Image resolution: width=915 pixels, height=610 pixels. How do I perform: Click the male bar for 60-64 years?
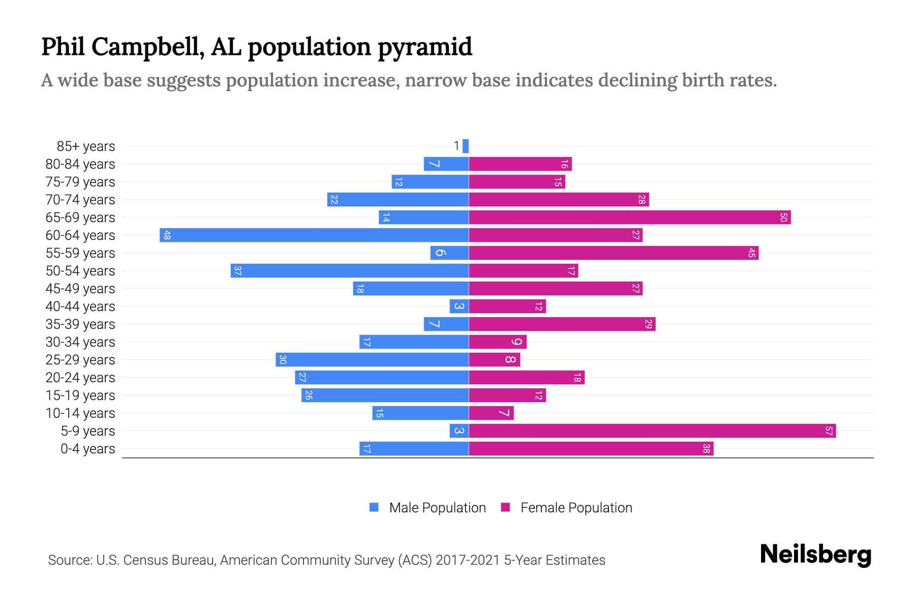coord(314,235)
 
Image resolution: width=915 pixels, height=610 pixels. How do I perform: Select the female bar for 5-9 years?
coord(652,431)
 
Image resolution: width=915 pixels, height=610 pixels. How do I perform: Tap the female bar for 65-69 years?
coord(629,218)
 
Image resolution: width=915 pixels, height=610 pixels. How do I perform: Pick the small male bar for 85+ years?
coord(466,146)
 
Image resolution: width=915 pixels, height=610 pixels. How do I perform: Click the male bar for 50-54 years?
coord(350,270)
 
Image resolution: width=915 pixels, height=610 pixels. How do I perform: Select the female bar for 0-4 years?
coord(591,448)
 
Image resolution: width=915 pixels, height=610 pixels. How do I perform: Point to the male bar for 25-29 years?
coord(372,359)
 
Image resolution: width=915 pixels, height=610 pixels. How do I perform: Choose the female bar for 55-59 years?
coord(614,253)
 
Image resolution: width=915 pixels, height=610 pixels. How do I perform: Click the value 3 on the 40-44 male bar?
coord(459,306)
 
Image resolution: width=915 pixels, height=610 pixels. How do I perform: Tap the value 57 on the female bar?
coord(829,431)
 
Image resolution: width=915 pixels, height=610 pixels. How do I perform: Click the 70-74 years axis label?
coord(80,200)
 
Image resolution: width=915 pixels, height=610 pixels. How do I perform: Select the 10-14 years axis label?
coord(80,413)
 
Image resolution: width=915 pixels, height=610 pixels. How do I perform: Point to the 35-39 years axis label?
coord(80,324)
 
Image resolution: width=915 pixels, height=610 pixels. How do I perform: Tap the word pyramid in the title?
coord(425,47)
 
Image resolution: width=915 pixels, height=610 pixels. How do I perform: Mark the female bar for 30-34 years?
coord(498,342)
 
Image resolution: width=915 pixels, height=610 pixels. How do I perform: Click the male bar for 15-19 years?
coord(385,395)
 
